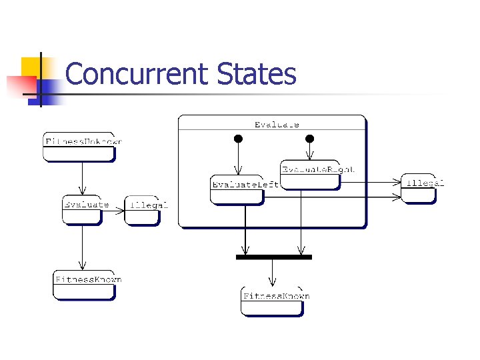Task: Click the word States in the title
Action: click(257, 74)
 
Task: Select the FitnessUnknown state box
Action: click(79, 146)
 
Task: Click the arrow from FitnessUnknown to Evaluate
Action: click(82, 178)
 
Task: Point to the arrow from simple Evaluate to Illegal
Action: click(114, 211)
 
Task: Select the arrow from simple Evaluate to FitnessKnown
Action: click(82, 247)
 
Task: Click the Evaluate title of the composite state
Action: click(276, 124)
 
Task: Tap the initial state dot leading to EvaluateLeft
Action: click(237, 139)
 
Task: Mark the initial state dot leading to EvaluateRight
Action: click(309, 139)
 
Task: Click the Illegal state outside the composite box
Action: click(419, 188)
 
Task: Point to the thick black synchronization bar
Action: click(274, 257)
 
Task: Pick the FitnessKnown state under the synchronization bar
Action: click(272, 301)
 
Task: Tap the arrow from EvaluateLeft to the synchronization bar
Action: click(245, 229)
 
